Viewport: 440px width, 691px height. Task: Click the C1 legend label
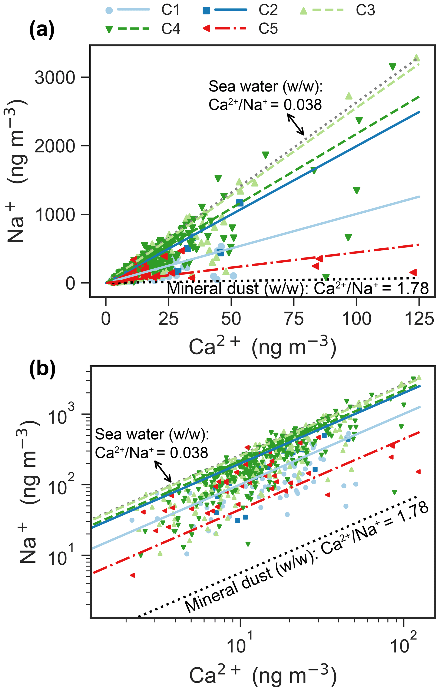pyautogui.click(x=171, y=10)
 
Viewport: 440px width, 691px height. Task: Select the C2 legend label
pyautogui.click(x=268, y=10)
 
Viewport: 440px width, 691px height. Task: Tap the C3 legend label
pyautogui.click(x=365, y=10)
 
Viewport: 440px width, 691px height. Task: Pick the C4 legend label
pyautogui.click(x=171, y=29)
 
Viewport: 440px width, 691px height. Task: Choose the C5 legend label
pyautogui.click(x=268, y=29)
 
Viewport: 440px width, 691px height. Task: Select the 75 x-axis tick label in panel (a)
pyautogui.click(x=294, y=319)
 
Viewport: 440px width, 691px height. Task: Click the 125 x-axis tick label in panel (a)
pyautogui.click(x=419, y=319)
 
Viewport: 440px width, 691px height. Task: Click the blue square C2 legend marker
pyautogui.click(x=206, y=11)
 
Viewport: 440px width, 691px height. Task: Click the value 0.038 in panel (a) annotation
pyautogui.click(x=302, y=105)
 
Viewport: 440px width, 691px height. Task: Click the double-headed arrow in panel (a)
pyautogui.click(x=296, y=124)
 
